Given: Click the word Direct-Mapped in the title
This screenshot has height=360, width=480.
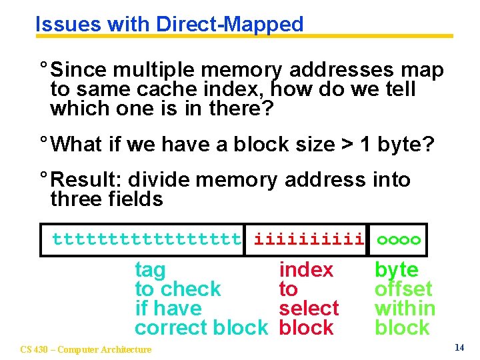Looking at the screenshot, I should [x=229, y=25].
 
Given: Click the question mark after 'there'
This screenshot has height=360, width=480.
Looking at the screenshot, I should [x=268, y=108].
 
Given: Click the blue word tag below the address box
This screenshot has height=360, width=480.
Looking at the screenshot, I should [x=150, y=271].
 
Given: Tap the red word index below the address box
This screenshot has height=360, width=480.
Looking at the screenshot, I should [x=306, y=270].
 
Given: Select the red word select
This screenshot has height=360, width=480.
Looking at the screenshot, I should [x=309, y=308].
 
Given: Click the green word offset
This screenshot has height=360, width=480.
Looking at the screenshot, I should [x=403, y=289].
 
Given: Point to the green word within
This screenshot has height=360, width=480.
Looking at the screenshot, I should [x=405, y=308].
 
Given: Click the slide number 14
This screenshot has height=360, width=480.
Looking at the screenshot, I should [x=459, y=347].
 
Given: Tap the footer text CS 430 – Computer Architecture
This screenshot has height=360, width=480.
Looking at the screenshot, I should [x=86, y=349].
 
